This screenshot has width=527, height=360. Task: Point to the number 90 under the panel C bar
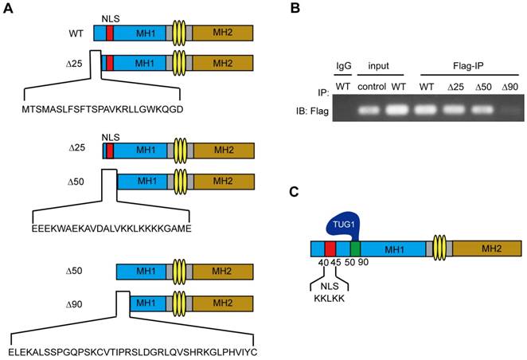point(363,262)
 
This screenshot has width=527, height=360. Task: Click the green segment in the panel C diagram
point(354,247)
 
